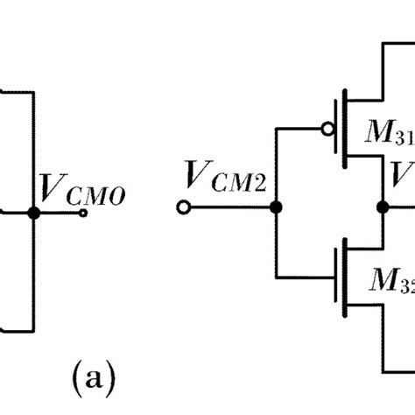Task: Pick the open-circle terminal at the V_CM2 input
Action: coord(185,208)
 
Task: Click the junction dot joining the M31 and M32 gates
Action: coord(276,208)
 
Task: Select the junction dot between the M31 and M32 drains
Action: coord(382,208)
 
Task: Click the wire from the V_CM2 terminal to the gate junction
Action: coord(230,208)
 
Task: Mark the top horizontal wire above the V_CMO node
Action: coord(16,91)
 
